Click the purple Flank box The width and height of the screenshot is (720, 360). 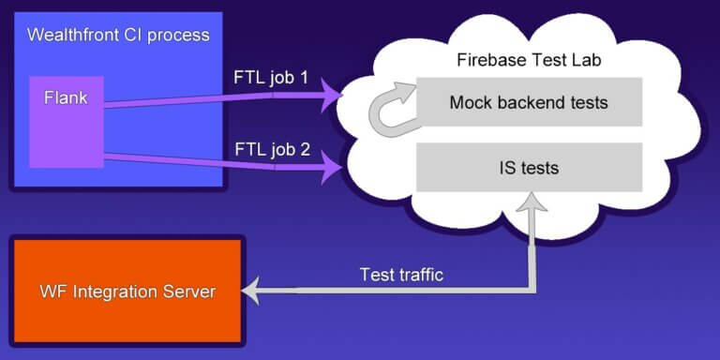[66, 122]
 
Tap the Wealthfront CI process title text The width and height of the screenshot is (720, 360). [117, 36]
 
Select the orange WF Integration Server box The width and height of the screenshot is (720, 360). [127, 292]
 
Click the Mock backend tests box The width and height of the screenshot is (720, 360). [529, 102]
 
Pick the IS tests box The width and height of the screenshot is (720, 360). [529, 168]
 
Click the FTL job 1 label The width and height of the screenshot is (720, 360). [271, 78]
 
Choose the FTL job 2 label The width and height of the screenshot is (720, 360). [271, 150]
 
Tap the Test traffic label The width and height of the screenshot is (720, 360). [402, 275]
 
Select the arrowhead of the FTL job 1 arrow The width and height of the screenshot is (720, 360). [333, 94]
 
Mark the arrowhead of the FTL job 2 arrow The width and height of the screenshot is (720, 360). [333, 170]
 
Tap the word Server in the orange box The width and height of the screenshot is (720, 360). [188, 292]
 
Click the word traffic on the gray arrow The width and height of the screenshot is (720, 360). [421, 275]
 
